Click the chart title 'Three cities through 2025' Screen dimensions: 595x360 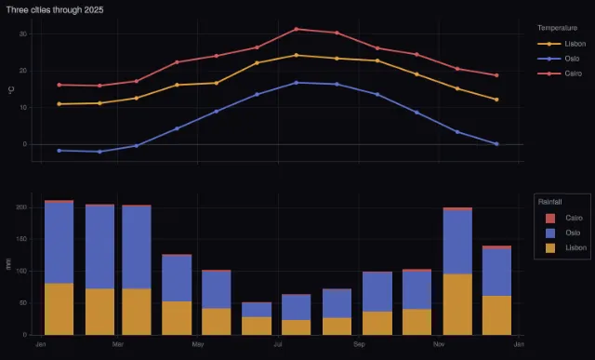pyautogui.click(x=55, y=10)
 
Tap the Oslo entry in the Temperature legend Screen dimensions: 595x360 pyautogui.click(x=559, y=59)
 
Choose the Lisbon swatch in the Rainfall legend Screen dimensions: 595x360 pyautogui.click(x=550, y=248)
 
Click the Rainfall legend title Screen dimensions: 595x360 pyautogui.click(x=549, y=202)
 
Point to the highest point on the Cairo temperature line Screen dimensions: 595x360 pyautogui.click(x=296, y=29)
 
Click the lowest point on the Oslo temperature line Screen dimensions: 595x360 pyautogui.click(x=99, y=152)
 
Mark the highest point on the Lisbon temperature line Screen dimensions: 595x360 pyautogui.click(x=296, y=55)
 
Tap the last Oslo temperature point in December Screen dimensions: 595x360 pyautogui.click(x=496, y=144)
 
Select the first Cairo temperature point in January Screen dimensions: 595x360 pyautogui.click(x=59, y=85)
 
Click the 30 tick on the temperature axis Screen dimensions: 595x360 pyautogui.click(x=23, y=34)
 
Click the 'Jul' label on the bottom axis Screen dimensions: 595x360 pyautogui.click(x=278, y=344)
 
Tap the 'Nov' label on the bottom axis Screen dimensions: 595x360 pyautogui.click(x=439, y=344)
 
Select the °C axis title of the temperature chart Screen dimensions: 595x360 pyautogui.click(x=11, y=90)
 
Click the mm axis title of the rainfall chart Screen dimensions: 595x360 pyautogui.click(x=8, y=264)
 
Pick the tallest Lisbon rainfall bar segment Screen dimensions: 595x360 pyautogui.click(x=457, y=304)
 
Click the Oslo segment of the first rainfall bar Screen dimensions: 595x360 pyautogui.click(x=59, y=243)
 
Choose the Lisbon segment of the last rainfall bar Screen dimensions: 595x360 pyautogui.click(x=496, y=315)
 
